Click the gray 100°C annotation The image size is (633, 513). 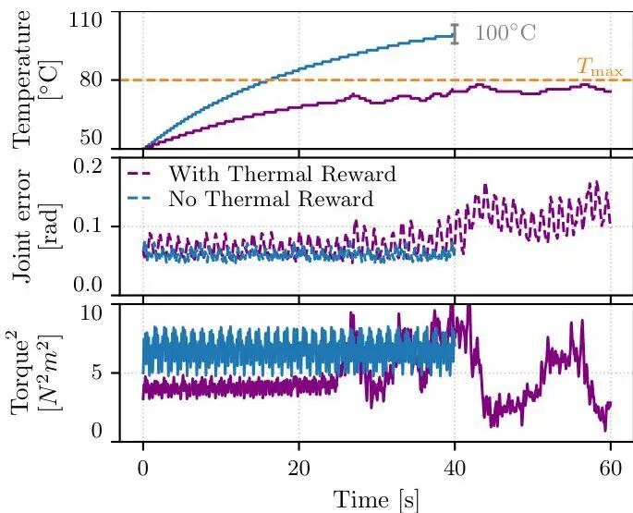point(505,35)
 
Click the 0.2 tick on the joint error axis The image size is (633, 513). point(96,166)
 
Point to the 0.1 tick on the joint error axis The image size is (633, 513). point(96,226)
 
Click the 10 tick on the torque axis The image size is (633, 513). point(101,312)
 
